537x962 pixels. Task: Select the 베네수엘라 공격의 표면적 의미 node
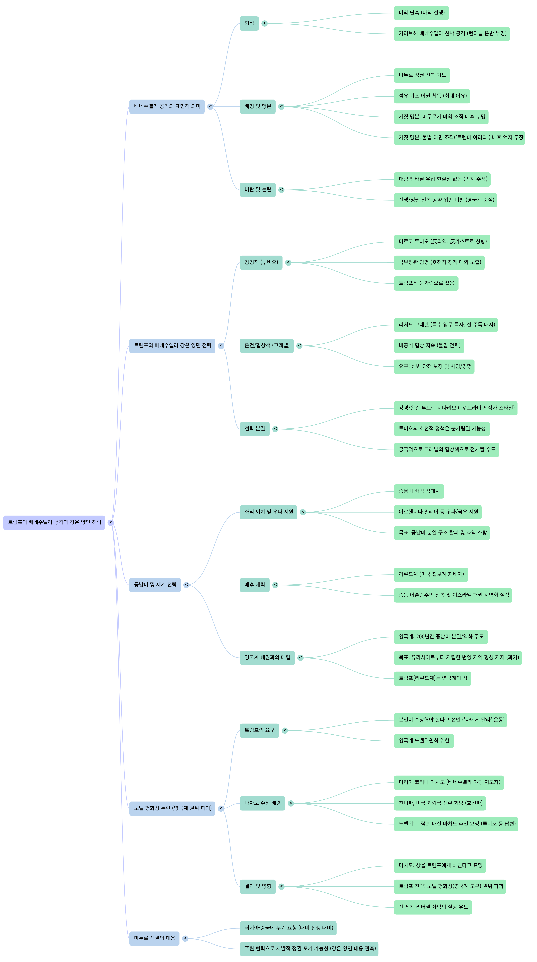click(x=167, y=106)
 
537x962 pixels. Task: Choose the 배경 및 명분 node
click(x=257, y=106)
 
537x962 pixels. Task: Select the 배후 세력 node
click(x=255, y=585)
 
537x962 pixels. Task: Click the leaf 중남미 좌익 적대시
click(x=419, y=491)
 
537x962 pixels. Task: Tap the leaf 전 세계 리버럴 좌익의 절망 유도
click(x=433, y=907)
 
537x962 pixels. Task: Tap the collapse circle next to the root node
click(x=111, y=522)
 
